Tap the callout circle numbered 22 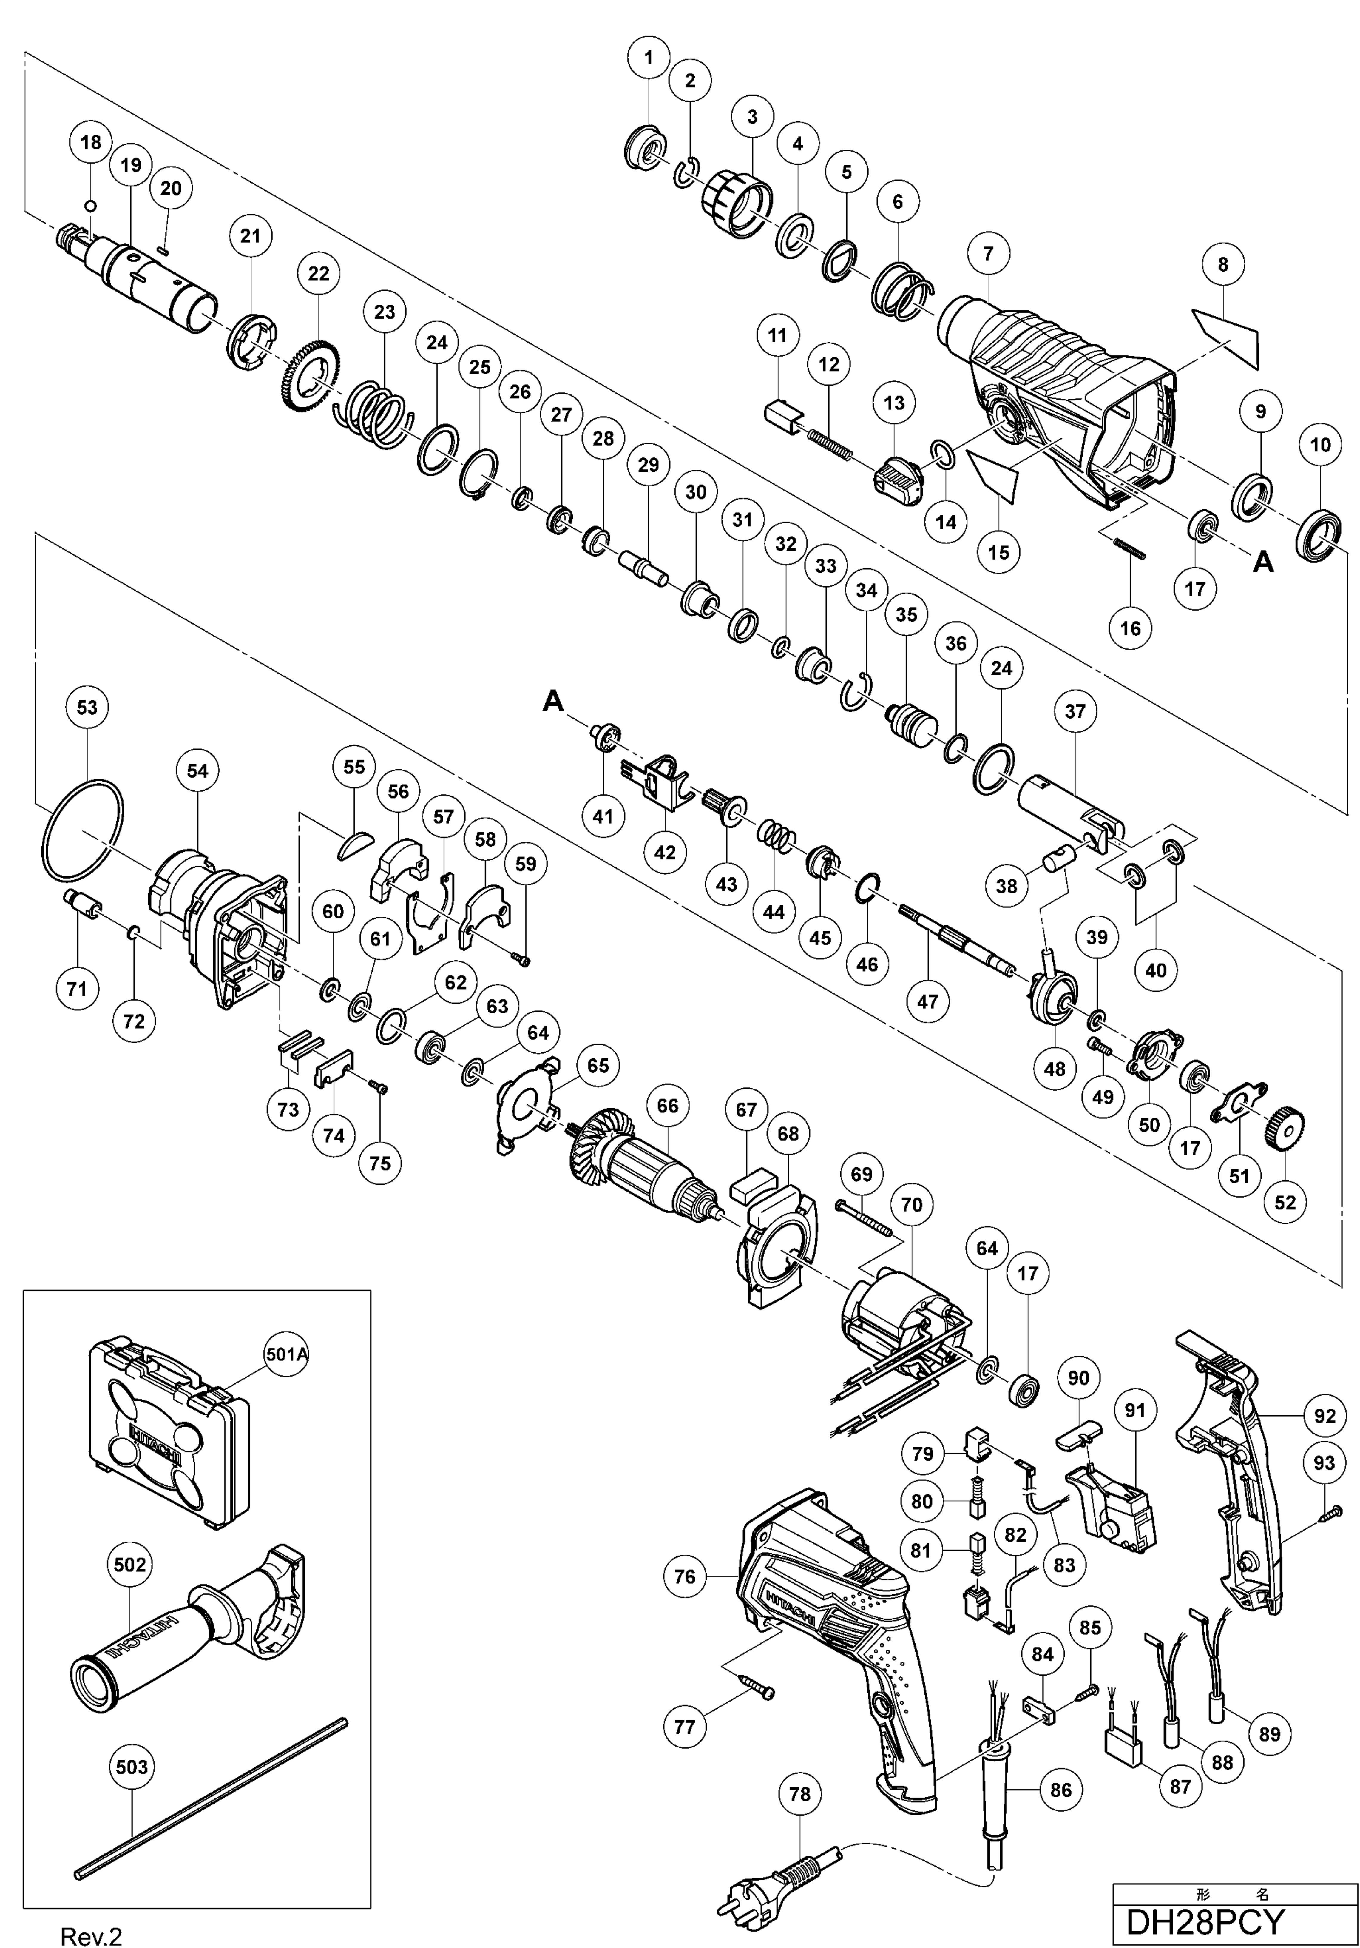pos(318,274)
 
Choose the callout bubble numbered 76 pos(685,1576)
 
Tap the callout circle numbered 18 pos(91,143)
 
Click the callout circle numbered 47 pos(927,1001)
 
